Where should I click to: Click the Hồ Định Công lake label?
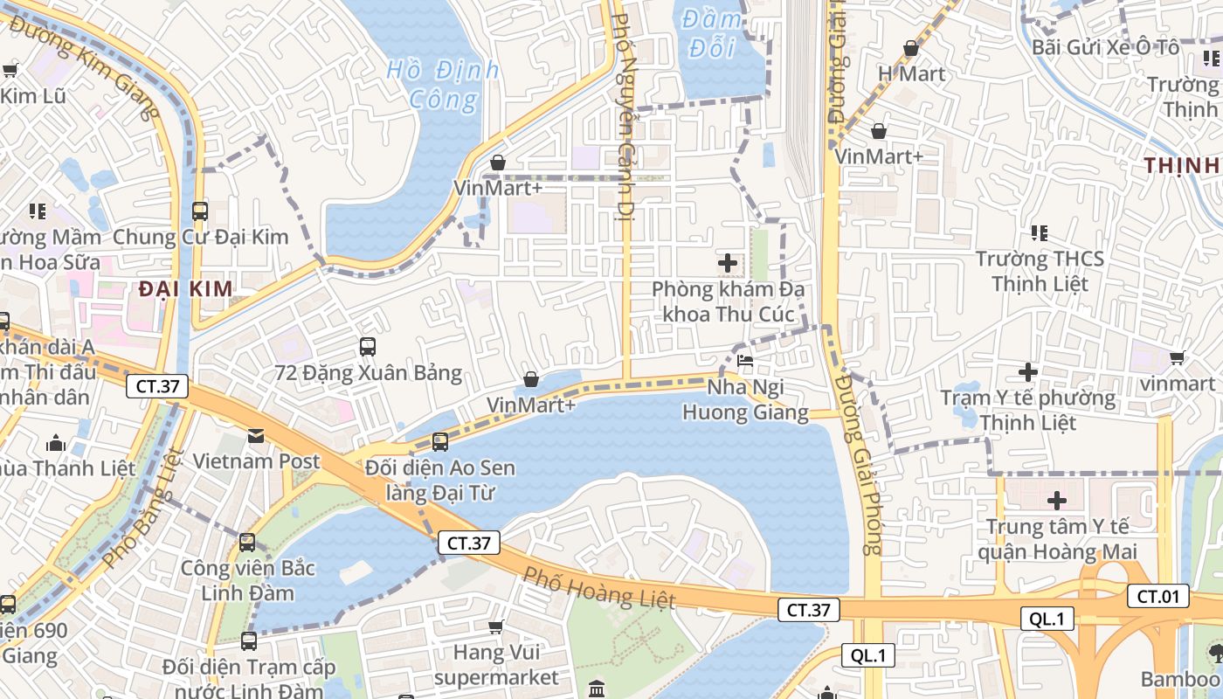click(443, 84)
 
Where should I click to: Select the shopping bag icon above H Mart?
click(911, 48)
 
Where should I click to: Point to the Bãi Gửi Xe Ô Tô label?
click(1105, 47)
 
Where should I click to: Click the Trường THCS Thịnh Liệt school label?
click(1039, 271)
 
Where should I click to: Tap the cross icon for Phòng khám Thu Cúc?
click(727, 262)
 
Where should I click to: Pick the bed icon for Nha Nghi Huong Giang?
click(744, 360)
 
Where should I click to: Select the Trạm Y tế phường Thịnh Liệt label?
click(1028, 411)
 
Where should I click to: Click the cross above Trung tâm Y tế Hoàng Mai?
click(1057, 501)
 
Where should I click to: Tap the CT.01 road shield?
click(1158, 597)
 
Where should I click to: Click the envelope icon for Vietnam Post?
click(256, 435)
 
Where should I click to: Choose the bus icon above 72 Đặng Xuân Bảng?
click(367, 347)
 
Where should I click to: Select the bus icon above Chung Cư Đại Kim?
click(200, 211)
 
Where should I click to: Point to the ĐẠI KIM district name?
click(186, 289)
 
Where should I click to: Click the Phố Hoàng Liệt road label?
click(599, 587)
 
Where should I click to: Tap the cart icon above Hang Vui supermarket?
click(496, 626)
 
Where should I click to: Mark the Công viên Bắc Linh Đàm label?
click(247, 580)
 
